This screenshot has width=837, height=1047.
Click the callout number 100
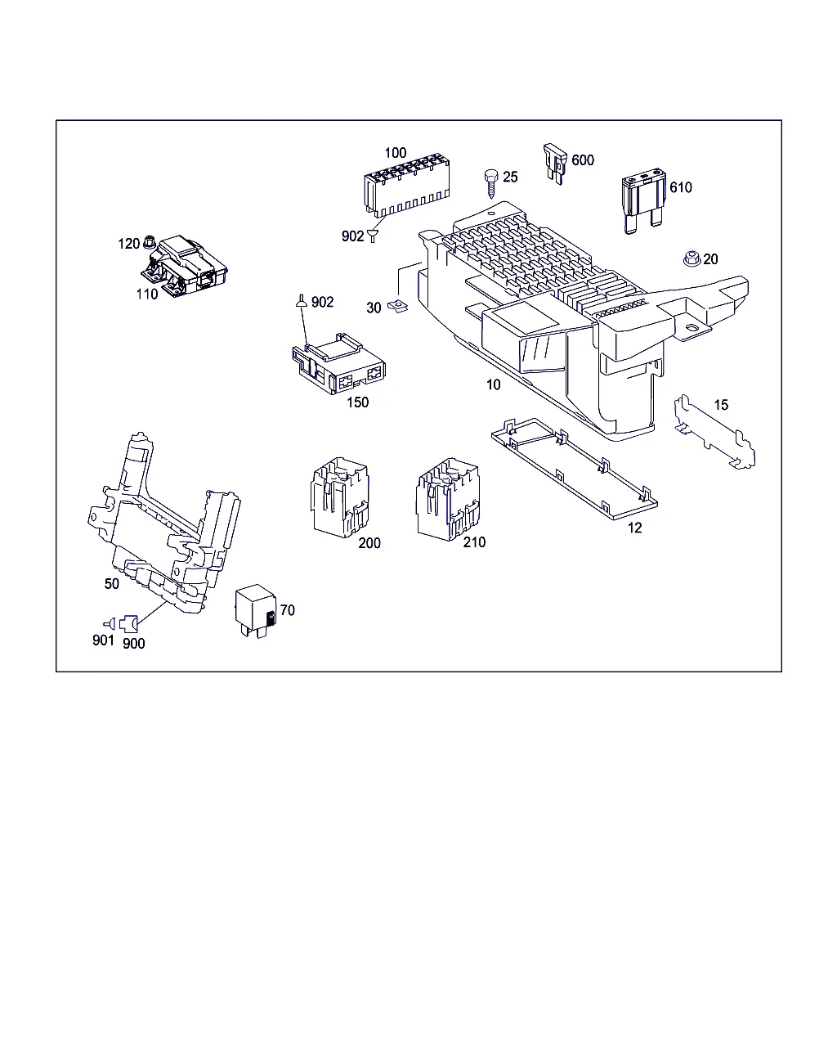tap(395, 153)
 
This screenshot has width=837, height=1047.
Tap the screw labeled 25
tap(491, 183)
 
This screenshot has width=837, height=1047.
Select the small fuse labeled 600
tap(555, 163)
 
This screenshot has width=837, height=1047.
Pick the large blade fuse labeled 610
tap(644, 200)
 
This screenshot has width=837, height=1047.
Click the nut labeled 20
tap(692, 258)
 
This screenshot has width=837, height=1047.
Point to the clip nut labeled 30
tap(397, 306)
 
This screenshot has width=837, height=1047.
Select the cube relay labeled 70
tap(256, 610)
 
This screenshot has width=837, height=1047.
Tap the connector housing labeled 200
tap(339, 497)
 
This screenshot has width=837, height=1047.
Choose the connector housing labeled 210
tap(447, 499)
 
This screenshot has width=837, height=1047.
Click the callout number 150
tap(357, 402)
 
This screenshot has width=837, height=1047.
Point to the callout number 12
tap(634, 528)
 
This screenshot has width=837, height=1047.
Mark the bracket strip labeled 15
tap(714, 433)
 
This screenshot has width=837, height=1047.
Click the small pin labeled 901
tap(110, 624)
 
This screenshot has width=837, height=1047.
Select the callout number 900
tap(134, 643)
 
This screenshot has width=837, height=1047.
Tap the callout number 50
tap(111, 583)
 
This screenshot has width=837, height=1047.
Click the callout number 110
tap(147, 294)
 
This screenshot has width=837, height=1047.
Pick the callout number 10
tap(493, 384)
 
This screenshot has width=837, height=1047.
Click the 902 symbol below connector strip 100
tap(373, 236)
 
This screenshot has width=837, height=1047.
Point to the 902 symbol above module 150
tap(302, 301)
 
